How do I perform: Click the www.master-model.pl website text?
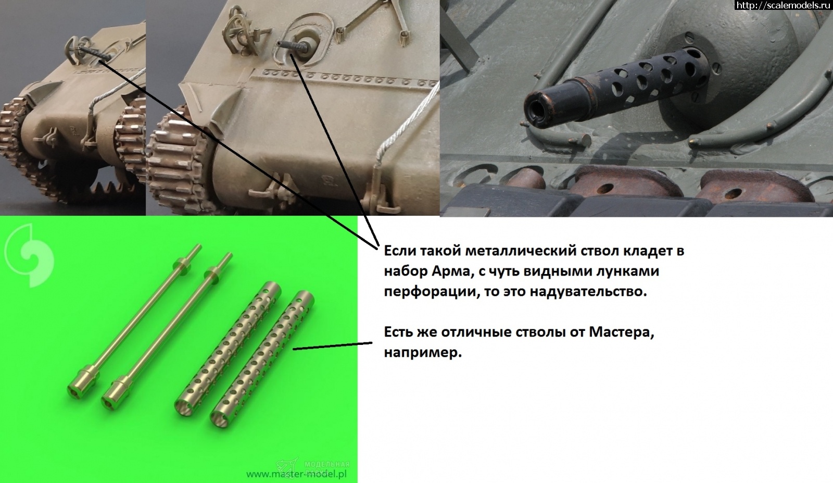click(296, 474)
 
